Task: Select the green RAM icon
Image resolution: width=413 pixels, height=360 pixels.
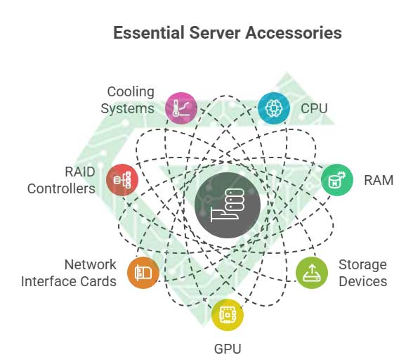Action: point(337,180)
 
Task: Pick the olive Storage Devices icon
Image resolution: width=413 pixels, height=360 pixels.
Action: point(311,274)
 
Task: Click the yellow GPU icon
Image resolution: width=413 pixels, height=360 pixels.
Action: point(228,314)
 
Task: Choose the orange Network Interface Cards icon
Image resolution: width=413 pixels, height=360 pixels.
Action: point(143,273)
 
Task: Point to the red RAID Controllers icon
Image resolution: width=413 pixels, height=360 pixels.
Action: point(122,179)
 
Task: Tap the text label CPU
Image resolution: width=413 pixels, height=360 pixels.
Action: point(314,109)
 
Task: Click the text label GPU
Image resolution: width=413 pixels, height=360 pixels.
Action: point(228,348)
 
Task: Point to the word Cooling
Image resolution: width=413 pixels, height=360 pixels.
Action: point(131,92)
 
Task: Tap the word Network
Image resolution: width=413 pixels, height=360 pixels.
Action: point(90,265)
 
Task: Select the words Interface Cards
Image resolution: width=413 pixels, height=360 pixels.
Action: point(69,281)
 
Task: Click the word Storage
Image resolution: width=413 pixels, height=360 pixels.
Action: point(362,265)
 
